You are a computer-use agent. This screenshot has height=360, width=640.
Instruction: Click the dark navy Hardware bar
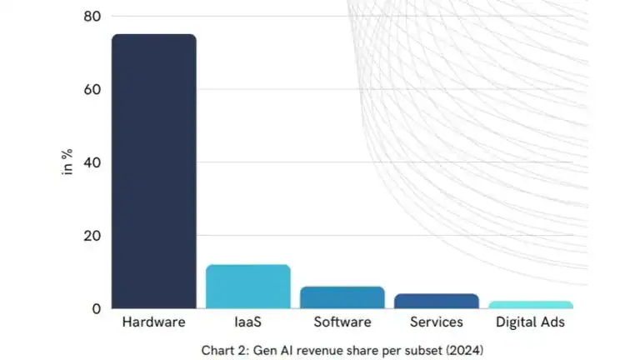[x=153, y=171]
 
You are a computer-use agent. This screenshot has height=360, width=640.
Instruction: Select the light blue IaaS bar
[x=247, y=287]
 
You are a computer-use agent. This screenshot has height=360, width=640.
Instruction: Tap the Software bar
[x=342, y=297]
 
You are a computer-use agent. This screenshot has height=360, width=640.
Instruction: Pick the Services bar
[x=437, y=301]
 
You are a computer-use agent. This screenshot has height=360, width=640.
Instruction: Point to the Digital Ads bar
[x=531, y=305]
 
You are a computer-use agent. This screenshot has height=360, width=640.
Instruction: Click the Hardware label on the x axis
[x=153, y=322]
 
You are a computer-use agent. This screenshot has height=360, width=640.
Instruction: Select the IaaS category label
[x=247, y=322]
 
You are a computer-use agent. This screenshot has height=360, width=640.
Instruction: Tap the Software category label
[x=342, y=322]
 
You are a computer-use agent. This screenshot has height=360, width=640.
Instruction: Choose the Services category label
[x=437, y=322]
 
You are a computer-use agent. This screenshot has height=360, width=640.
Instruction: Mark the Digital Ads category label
[x=531, y=322]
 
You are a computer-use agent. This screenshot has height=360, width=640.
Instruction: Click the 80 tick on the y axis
[x=92, y=16]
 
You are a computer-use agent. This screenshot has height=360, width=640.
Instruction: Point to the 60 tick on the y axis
[x=92, y=89]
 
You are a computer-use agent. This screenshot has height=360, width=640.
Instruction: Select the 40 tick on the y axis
[x=92, y=162]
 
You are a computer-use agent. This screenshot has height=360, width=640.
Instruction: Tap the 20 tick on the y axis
[x=92, y=235]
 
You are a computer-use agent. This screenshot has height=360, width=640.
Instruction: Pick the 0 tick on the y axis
[x=96, y=308]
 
